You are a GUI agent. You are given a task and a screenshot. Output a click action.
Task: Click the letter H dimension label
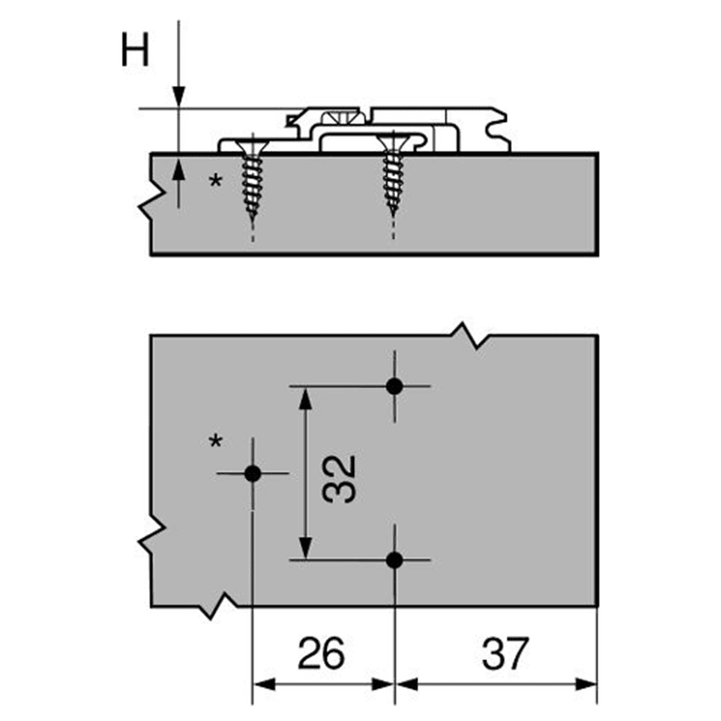click(x=135, y=51)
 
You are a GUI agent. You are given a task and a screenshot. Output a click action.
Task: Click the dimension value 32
click(x=340, y=478)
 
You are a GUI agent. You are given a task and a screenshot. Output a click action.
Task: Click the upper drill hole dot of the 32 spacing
click(x=394, y=386)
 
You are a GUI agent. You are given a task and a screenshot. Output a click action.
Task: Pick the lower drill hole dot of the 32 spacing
click(x=394, y=559)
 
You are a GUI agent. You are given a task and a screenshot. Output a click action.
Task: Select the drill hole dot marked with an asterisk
click(x=252, y=474)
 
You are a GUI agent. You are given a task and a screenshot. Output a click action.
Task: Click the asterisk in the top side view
click(x=215, y=182)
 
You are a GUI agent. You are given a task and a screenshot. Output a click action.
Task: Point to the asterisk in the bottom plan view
click(x=215, y=442)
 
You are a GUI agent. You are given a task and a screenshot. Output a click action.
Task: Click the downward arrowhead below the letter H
click(x=178, y=98)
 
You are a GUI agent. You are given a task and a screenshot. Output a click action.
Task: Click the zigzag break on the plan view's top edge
click(x=466, y=336)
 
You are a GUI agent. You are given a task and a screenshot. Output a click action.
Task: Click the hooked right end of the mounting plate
click(x=497, y=130)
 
